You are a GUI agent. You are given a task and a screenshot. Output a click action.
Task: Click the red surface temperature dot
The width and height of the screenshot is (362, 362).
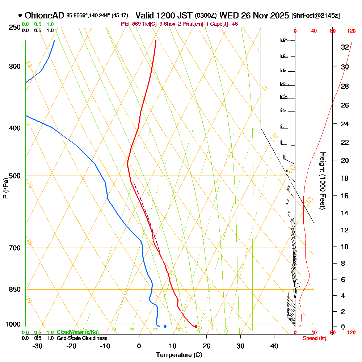pos(196,327)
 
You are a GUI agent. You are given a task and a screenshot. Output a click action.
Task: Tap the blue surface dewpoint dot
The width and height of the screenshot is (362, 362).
pos(165,327)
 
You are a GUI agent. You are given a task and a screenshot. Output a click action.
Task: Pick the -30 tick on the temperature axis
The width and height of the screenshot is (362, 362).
pos(38,346)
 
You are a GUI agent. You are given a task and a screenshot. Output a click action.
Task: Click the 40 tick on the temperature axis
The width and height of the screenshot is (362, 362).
pos(274,346)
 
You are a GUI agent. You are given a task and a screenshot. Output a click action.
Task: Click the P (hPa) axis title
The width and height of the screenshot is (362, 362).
pos(5,188)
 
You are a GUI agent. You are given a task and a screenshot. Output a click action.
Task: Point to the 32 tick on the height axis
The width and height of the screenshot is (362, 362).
pos(345,47)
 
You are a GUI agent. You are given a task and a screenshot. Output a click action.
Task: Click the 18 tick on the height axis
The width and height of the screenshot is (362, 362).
pos(345,178)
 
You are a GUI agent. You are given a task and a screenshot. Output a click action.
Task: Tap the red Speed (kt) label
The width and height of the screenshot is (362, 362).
pos(314,338)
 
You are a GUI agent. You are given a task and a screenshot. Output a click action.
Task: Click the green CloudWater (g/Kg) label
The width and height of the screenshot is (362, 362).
pos(77,332)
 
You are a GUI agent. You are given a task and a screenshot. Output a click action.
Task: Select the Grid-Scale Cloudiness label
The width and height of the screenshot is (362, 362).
pos(82,338)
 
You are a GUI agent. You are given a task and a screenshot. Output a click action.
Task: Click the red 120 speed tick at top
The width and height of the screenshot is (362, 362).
pos(351,31)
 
